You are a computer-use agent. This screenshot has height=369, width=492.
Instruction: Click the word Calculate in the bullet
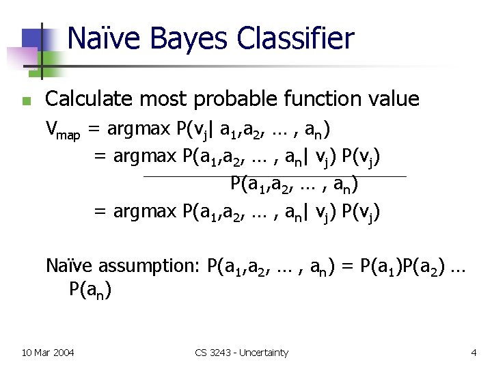click(x=86, y=99)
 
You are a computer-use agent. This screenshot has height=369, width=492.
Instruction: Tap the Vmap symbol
click(x=63, y=129)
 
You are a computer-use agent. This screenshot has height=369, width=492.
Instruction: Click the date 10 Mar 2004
click(x=48, y=353)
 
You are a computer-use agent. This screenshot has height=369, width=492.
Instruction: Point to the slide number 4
click(x=474, y=353)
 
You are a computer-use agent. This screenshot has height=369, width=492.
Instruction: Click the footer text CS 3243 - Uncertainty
click(x=241, y=353)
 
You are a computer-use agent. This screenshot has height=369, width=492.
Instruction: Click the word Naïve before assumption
click(x=70, y=265)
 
